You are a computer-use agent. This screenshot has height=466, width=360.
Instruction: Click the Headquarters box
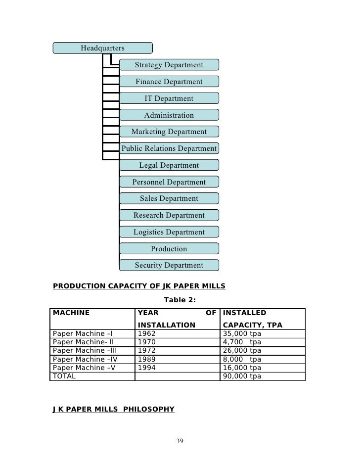pos(103,48)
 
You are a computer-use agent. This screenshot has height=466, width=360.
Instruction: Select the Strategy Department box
pos(169,65)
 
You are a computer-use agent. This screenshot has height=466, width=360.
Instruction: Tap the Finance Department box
pos(169,82)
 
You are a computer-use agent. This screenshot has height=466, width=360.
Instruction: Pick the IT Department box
pos(169,98)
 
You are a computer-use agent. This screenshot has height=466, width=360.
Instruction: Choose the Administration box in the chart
pos(169,115)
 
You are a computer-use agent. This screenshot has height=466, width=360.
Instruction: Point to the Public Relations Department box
pos(169,148)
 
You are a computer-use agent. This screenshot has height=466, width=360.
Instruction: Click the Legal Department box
pos(169,165)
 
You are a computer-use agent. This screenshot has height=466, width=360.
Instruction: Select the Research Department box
pos(169,215)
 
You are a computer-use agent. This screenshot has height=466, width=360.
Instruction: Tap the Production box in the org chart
pos(169,249)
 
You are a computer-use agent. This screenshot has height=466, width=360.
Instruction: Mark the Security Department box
pos(169,266)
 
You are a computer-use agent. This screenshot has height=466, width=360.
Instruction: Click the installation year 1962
pos(146,333)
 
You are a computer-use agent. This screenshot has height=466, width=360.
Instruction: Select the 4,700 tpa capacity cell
pos(242,341)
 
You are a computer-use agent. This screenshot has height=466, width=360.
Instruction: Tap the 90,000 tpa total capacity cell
pos(242,376)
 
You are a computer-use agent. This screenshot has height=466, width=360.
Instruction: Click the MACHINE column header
pos(71,313)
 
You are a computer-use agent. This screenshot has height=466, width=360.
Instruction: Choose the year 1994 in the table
pos(146,368)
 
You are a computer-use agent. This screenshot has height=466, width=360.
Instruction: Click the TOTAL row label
pos(64,376)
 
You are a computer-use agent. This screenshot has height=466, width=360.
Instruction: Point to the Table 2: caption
pos(180,299)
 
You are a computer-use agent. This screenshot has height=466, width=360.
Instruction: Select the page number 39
pos(180,441)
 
